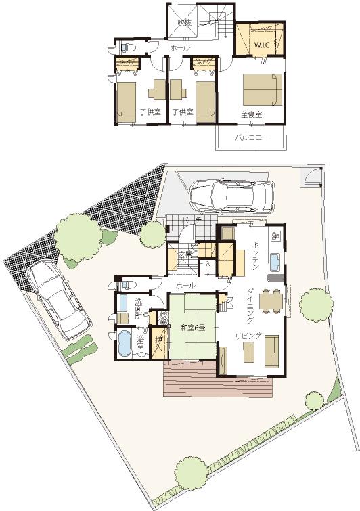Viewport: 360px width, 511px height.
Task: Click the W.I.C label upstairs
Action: click(261, 45)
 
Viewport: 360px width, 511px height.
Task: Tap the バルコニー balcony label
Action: click(251, 137)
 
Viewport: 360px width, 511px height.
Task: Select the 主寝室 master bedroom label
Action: click(252, 114)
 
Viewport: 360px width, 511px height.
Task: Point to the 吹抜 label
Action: click(185, 23)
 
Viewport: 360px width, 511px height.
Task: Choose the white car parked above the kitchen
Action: click(231, 196)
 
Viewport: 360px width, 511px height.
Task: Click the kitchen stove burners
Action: click(276, 236)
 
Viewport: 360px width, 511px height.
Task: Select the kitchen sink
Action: click(276, 261)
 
